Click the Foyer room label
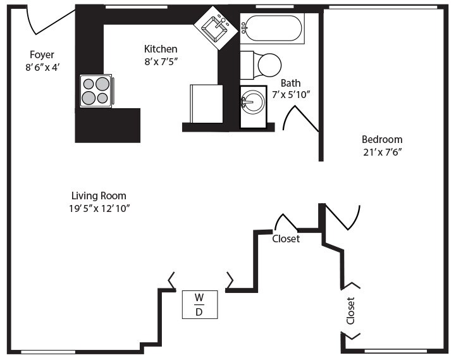tap(42, 54)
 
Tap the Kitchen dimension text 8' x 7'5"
tap(161, 61)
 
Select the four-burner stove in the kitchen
tap(96, 90)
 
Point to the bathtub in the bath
tap(273, 28)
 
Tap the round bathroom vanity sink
tap(254, 101)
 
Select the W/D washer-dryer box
tap(199, 304)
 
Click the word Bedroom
tap(381, 139)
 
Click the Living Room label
tap(99, 196)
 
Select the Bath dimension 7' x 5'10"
tap(291, 95)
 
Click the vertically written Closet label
tap(350, 311)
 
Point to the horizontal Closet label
tap(286, 239)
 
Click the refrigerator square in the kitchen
tap(206, 103)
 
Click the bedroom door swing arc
tap(345, 218)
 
